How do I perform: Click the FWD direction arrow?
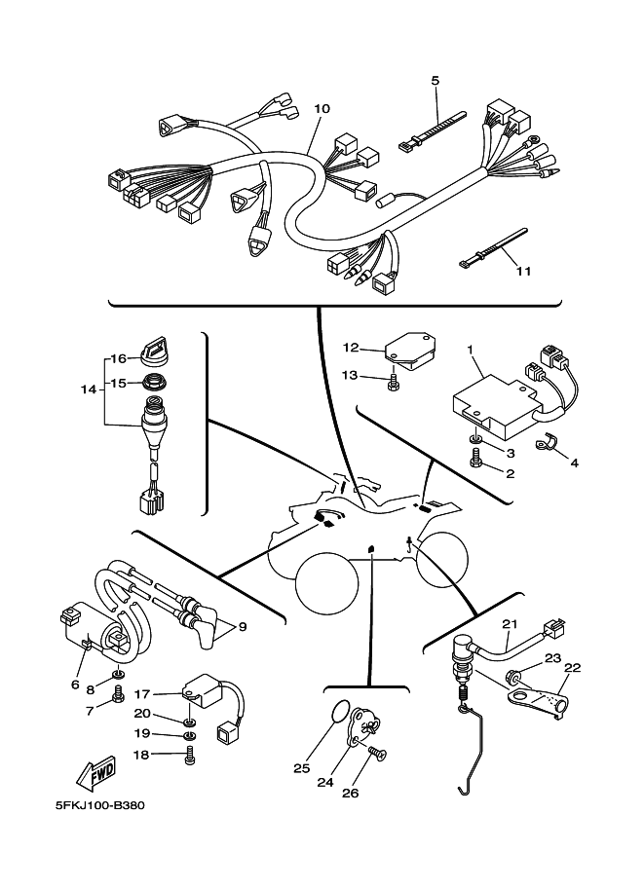[96, 773]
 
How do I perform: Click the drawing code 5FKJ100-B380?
[99, 805]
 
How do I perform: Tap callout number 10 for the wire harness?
[322, 108]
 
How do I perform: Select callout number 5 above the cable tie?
[436, 81]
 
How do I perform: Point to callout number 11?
[524, 271]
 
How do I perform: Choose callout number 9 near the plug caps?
[243, 628]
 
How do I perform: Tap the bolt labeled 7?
[119, 694]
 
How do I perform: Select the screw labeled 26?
[378, 753]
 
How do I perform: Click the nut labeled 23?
[512, 677]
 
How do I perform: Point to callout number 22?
[573, 668]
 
